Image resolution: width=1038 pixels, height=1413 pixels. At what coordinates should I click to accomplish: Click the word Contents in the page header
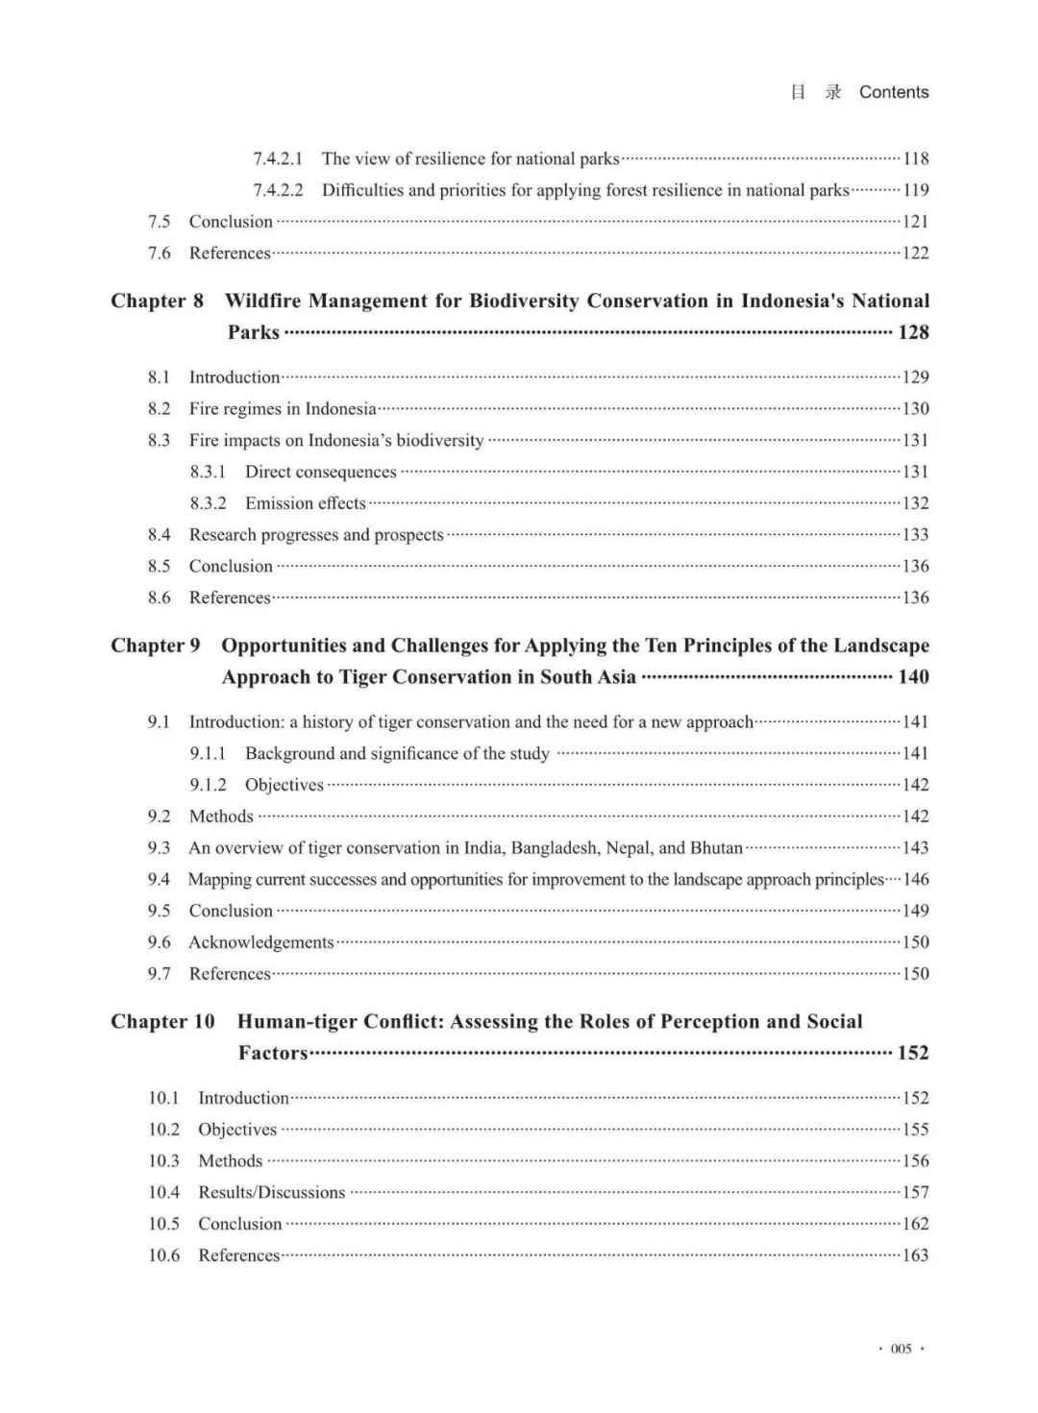point(894,92)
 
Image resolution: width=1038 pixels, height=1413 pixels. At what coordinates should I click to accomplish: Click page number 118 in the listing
point(915,158)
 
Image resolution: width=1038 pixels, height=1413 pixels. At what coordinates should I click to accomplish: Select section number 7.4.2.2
point(278,190)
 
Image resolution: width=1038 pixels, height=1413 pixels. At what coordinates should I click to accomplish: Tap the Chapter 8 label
point(157,301)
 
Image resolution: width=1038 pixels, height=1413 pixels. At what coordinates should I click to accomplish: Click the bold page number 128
point(913,332)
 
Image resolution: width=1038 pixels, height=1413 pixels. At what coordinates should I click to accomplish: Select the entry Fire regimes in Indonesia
point(283,409)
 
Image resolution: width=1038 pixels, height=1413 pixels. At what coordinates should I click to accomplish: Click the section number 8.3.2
point(208,503)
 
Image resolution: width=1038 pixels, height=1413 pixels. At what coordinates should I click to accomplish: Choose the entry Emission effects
point(306,503)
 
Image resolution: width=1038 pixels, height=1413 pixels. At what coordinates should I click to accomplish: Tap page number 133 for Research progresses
point(915,535)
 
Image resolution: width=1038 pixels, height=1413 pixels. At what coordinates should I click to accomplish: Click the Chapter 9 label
point(156,646)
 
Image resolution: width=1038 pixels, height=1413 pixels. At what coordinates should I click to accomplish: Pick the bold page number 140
point(913,677)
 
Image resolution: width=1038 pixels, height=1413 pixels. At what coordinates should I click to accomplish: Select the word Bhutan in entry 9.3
point(716,848)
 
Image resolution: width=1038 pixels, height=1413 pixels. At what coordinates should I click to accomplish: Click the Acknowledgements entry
point(261,942)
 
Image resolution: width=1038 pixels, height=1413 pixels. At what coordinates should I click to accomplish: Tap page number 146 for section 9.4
point(915,880)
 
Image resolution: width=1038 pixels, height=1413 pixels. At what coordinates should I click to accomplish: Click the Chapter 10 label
point(162,1021)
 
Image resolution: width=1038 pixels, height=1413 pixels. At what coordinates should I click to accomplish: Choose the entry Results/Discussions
point(271,1193)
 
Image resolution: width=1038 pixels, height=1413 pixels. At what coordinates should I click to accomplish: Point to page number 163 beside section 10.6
point(915,1255)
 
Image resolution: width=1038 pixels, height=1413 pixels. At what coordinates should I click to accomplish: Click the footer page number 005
point(901,1349)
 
